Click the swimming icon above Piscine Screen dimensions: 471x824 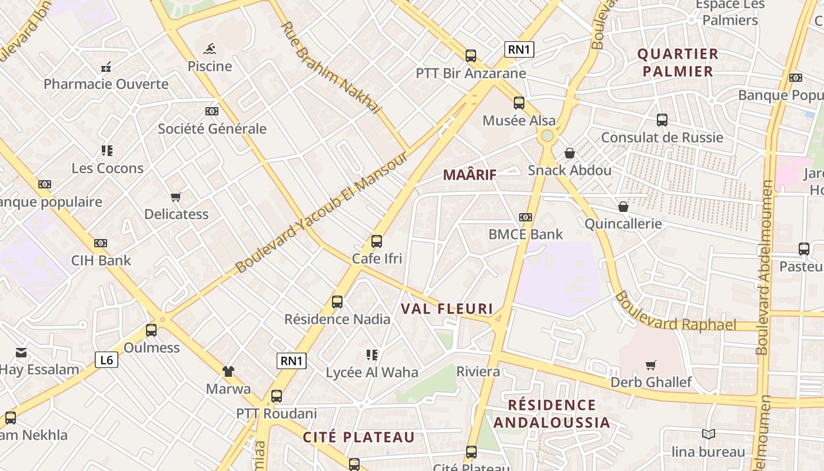[210, 49]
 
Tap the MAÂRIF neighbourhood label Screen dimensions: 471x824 [470, 174]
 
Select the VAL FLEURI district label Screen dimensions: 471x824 [447, 309]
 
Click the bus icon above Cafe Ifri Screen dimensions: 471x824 [377, 241]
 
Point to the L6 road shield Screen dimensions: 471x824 [107, 360]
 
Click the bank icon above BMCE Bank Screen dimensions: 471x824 [526, 217]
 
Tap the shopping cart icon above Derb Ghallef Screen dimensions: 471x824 [650, 366]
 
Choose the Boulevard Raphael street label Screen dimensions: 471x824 [675, 312]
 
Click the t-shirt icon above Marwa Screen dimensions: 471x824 [228, 372]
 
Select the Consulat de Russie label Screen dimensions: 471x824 [662, 137]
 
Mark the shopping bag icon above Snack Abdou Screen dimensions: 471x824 [570, 153]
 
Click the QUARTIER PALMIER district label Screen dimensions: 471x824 [678, 63]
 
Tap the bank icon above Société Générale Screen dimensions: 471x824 [212, 111]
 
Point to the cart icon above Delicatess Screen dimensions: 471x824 [176, 197]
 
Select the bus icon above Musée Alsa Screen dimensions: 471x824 [519, 103]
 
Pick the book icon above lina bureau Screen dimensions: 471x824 [709, 434]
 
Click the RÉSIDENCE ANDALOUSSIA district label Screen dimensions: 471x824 [551, 413]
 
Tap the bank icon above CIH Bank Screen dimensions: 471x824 [101, 243]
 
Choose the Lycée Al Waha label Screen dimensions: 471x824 [372, 372]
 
